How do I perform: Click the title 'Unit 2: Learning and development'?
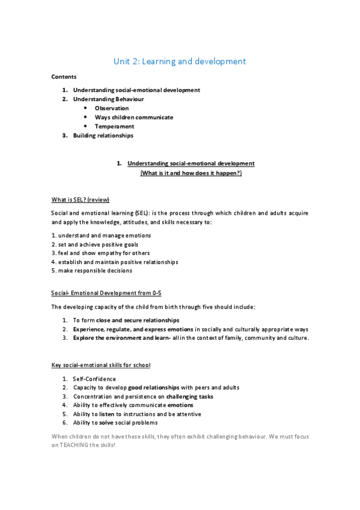coord(180,61)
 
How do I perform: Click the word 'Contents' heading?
coord(63,77)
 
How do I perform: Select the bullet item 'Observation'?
coord(111,108)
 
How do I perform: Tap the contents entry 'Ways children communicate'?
coord(133,117)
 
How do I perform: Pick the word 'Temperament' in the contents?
coord(114,126)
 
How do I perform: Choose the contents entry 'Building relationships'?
coord(103,135)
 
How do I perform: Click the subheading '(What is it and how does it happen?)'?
coord(191,173)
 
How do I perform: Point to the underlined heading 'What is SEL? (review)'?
coord(80,200)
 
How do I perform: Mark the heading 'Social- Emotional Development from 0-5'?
coord(106,293)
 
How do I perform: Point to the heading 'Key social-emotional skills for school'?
coord(100,365)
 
